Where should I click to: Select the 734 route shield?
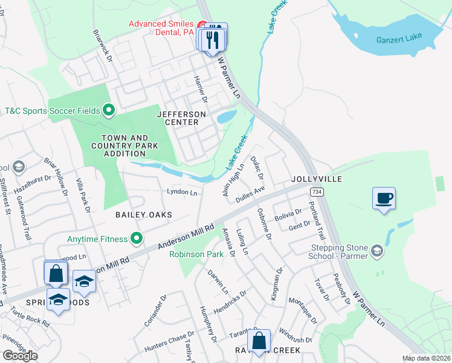click(x=315, y=191)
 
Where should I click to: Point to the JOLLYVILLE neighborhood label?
click(x=316, y=180)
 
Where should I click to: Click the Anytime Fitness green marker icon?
click(x=137, y=239)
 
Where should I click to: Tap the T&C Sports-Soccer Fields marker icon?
click(x=109, y=110)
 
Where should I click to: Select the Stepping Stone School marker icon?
click(x=378, y=250)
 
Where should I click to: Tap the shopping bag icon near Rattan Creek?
click(x=259, y=341)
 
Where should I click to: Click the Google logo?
click(x=20, y=356)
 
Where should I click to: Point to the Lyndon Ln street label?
click(x=182, y=192)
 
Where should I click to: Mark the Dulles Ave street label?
click(x=250, y=194)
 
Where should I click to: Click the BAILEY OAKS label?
click(x=144, y=215)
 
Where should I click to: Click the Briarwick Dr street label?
click(x=103, y=44)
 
